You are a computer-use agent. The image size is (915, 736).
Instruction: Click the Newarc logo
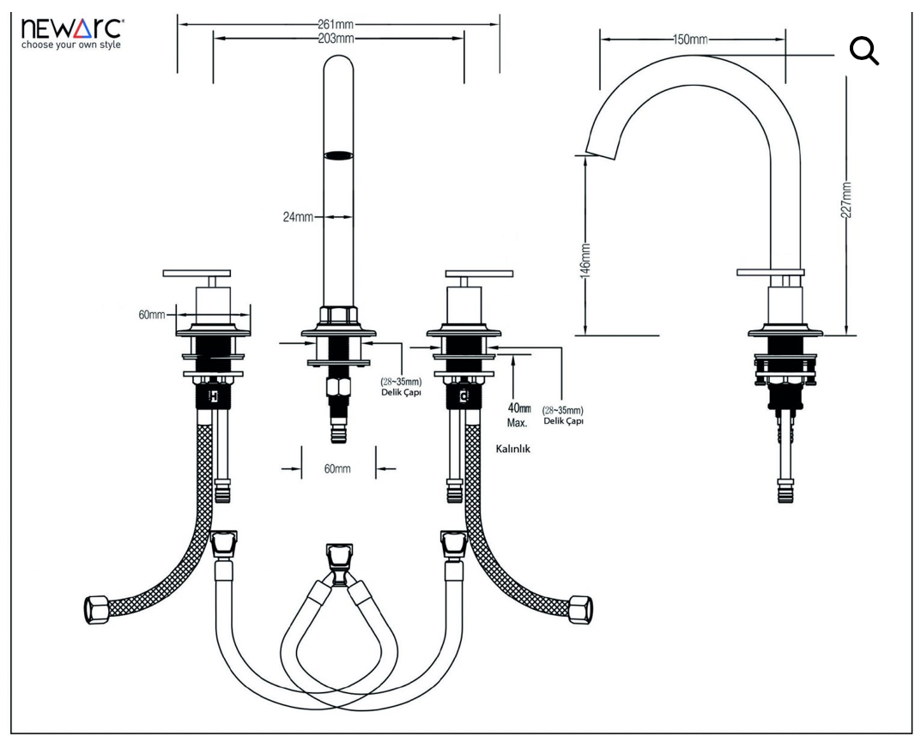(71, 33)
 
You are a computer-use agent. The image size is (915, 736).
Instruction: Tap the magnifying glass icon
(864, 51)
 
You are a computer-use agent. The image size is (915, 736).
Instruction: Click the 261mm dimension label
(336, 25)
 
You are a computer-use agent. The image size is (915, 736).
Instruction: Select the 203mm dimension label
(336, 39)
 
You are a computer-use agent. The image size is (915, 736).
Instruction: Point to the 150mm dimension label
(690, 39)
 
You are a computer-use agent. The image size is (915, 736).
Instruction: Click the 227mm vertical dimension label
(846, 201)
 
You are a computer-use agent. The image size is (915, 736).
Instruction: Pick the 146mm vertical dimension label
(586, 261)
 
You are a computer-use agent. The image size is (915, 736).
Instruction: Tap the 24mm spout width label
(298, 217)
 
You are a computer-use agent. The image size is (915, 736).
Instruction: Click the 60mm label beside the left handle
(152, 315)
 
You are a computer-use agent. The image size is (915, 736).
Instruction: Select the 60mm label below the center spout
(337, 468)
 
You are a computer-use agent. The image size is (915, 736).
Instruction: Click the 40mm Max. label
(518, 415)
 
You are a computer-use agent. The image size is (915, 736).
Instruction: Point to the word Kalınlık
(513, 449)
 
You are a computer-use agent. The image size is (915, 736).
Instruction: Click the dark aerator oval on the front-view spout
(338, 155)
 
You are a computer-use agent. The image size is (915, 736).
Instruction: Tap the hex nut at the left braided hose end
(97, 609)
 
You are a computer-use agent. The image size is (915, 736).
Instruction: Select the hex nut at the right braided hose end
(580, 609)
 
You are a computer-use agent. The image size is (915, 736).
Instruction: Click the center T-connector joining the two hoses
(339, 562)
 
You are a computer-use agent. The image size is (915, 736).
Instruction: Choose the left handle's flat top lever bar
(197, 273)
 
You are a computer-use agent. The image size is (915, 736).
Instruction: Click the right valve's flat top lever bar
(479, 274)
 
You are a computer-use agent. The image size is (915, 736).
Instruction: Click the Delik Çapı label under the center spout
(401, 393)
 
